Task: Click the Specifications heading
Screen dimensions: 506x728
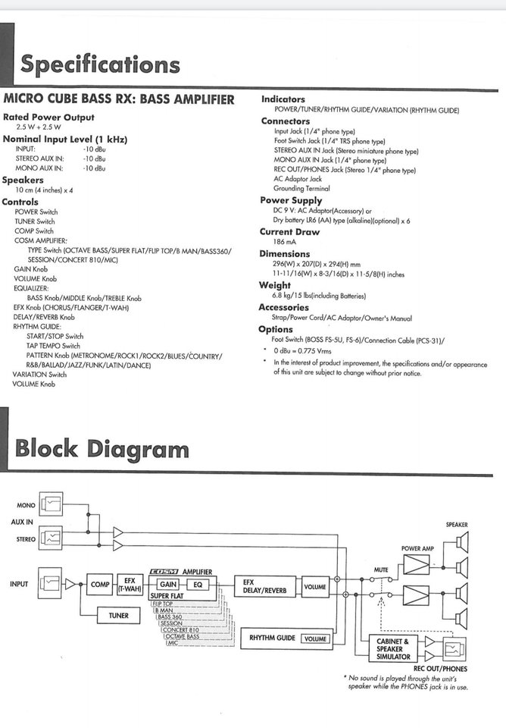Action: pyautogui.click(x=100, y=64)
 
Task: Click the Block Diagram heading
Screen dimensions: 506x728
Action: pyautogui.click(x=102, y=448)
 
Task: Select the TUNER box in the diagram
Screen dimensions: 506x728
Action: pyautogui.click(x=118, y=616)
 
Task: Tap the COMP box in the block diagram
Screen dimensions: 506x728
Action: pyautogui.click(x=100, y=584)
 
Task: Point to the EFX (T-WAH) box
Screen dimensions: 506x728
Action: pyautogui.click(x=130, y=584)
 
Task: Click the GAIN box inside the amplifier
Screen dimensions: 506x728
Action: pyautogui.click(x=168, y=585)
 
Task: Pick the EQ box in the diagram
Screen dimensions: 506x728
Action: pyautogui.click(x=198, y=585)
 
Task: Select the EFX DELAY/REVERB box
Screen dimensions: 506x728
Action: pyautogui.click(x=264, y=586)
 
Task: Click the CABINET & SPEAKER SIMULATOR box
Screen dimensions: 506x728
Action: pyautogui.click(x=393, y=648)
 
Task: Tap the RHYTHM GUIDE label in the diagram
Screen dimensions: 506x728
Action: pyautogui.click(x=272, y=638)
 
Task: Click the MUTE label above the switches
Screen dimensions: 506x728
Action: pyautogui.click(x=381, y=570)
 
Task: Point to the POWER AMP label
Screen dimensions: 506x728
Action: pyautogui.click(x=417, y=548)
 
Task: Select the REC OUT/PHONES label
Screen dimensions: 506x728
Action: pyautogui.click(x=440, y=669)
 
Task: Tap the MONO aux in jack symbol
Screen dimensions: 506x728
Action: pyautogui.click(x=51, y=504)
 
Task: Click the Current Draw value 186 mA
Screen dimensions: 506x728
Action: pyautogui.click(x=284, y=241)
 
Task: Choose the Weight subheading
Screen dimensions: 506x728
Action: pyautogui.click(x=275, y=285)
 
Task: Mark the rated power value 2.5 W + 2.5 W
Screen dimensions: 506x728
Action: pyautogui.click(x=39, y=127)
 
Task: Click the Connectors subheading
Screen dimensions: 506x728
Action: pyautogui.click(x=286, y=121)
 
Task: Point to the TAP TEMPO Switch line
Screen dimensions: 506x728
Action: pyautogui.click(x=53, y=346)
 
